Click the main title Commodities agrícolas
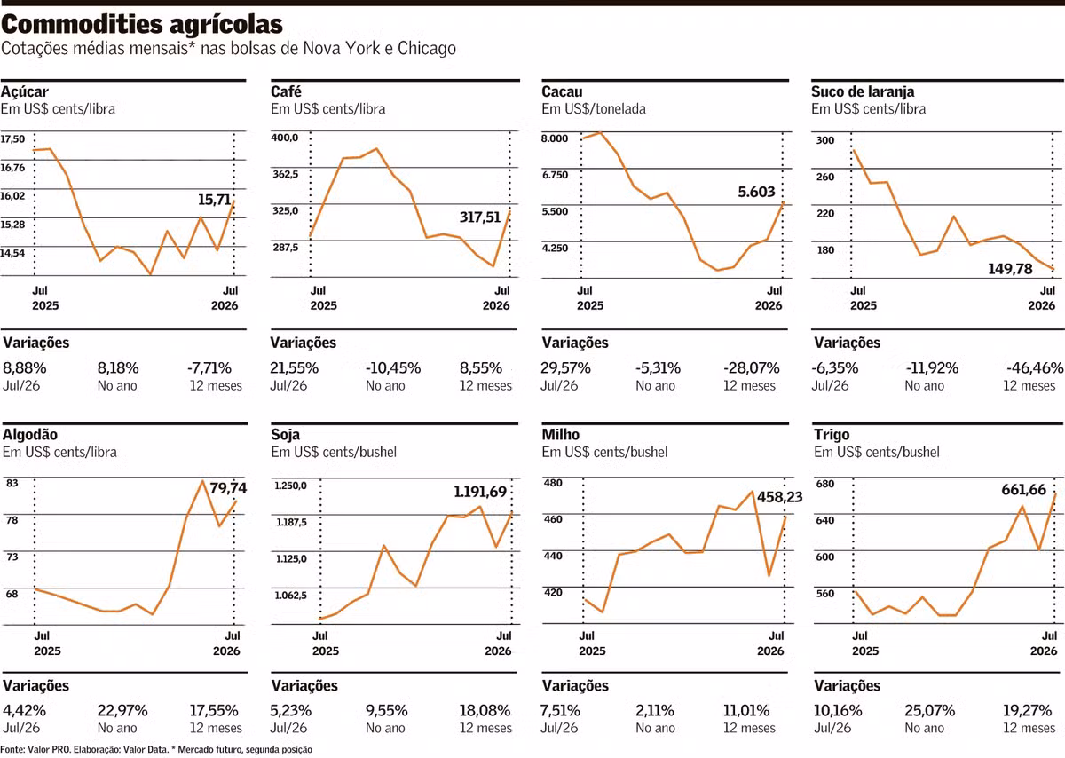142,25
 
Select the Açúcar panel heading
25,91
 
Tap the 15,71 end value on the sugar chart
215,200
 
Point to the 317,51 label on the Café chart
480,217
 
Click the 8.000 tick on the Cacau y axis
555,138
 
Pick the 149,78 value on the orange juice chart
1010,269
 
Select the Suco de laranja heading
863,91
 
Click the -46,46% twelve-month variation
1035,368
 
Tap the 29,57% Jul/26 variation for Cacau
565,368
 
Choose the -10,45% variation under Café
393,368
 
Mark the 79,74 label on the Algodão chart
228,488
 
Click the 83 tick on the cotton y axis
12,483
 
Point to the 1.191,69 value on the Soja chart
480,492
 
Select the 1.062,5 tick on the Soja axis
290,596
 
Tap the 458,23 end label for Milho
780,497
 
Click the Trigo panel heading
832,434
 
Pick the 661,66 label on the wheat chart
1023,490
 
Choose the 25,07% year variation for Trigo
929,710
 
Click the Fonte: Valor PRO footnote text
157,750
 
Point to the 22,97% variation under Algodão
122,710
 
